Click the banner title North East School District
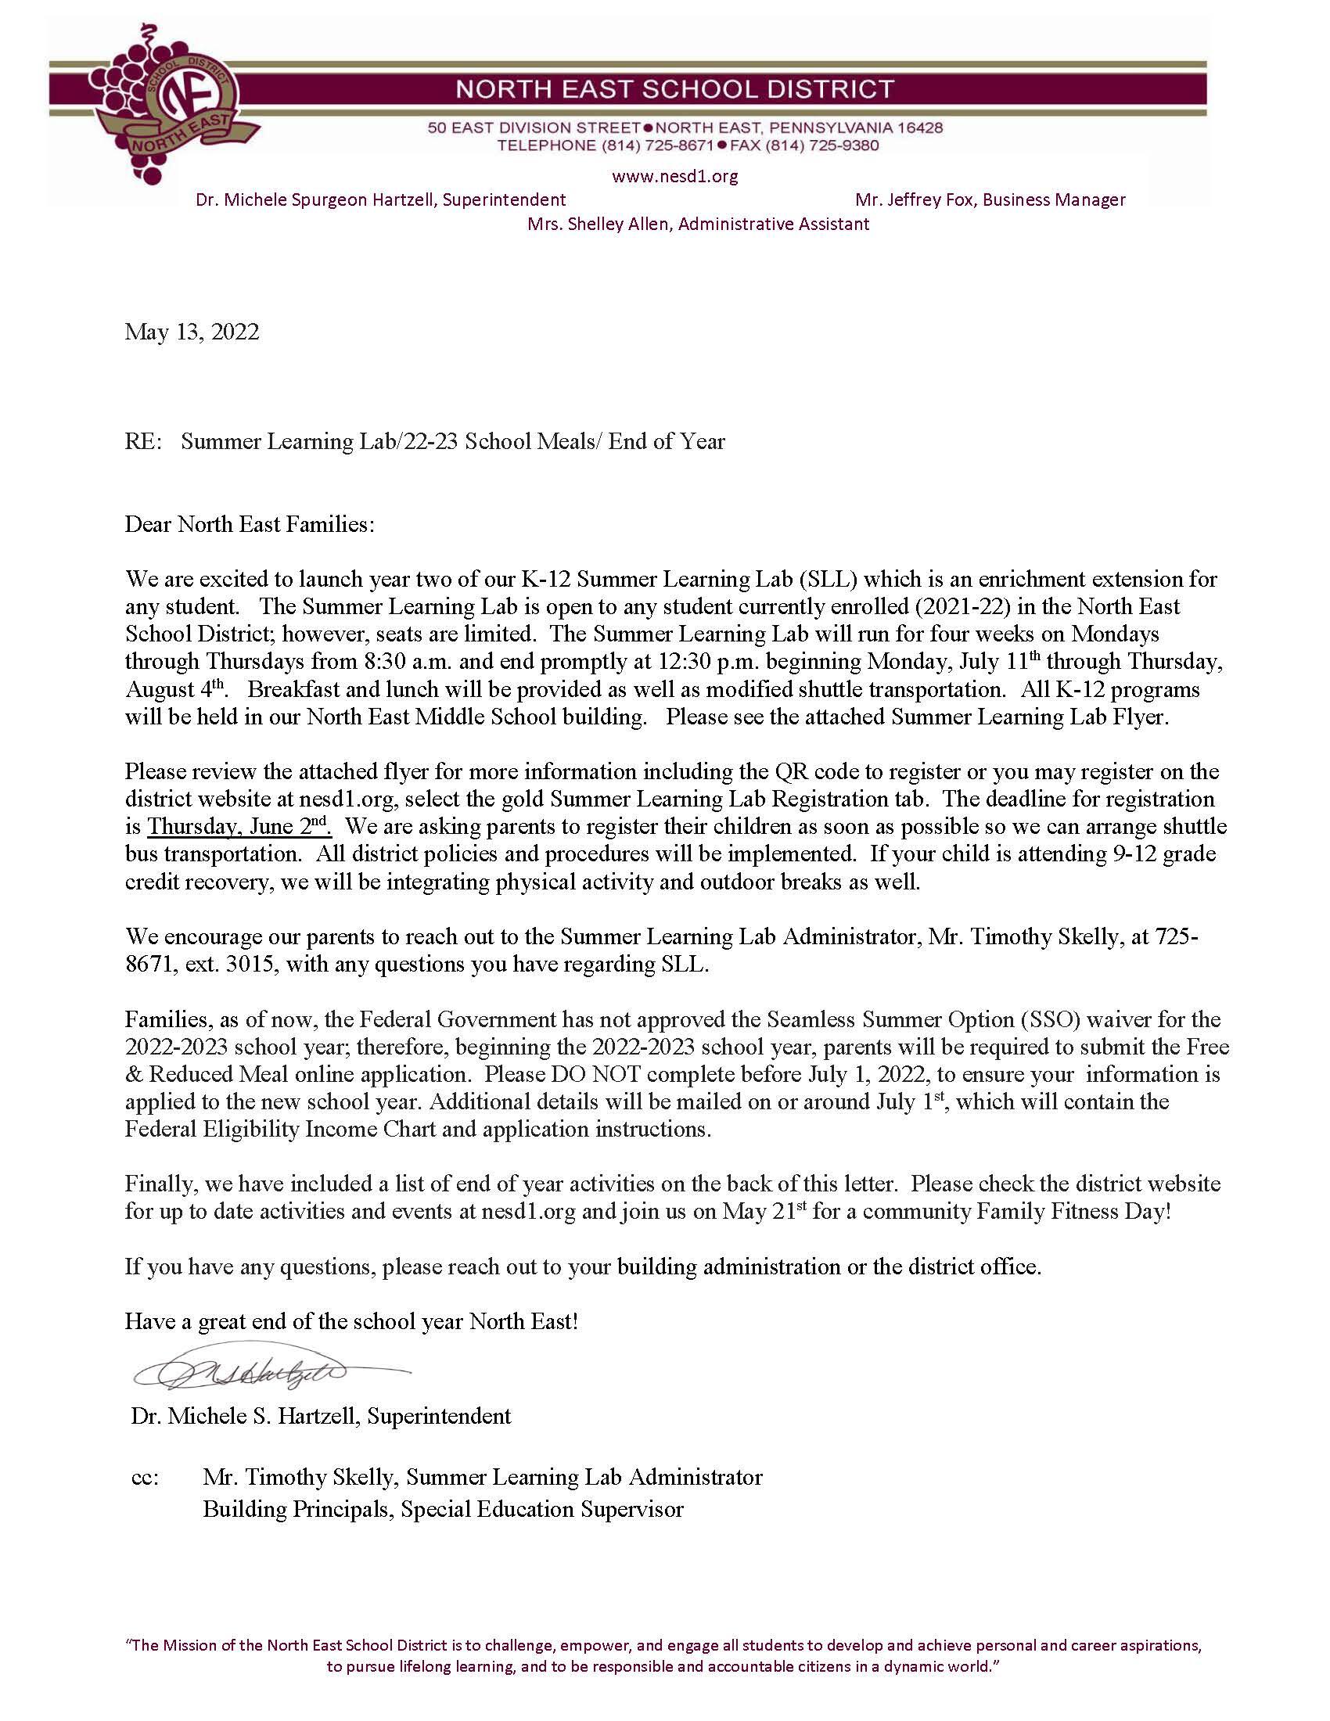[675, 88]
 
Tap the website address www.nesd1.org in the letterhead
[674, 177]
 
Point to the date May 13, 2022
[192, 332]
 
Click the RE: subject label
[142, 441]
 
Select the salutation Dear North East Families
[250, 524]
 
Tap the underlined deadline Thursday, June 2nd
[239, 827]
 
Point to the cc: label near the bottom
[145, 1477]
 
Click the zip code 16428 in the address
[917, 128]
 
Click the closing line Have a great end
[350, 1321]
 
